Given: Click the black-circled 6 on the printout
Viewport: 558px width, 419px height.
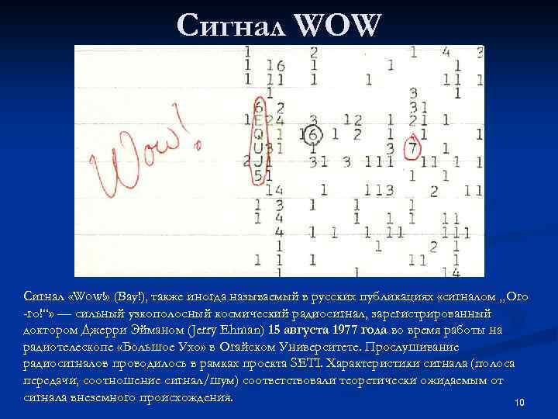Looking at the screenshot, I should pyautogui.click(x=312, y=133).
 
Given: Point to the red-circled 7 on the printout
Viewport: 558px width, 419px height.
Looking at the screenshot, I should pyautogui.click(x=413, y=147).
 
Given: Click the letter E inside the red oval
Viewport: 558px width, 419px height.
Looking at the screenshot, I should pyautogui.click(x=259, y=119).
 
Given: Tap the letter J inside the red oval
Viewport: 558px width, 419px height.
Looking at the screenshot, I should pyautogui.click(x=257, y=161).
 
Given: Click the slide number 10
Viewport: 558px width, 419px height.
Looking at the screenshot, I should pyautogui.click(x=519, y=402).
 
